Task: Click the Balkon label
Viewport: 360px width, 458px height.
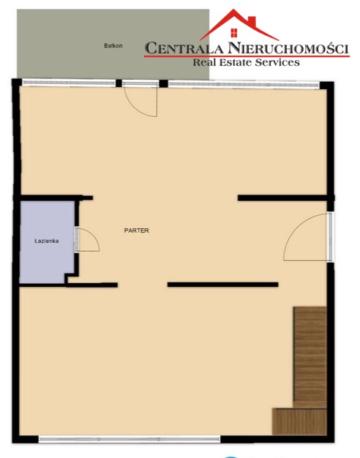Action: pos(113,46)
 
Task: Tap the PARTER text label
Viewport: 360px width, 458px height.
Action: pos(136,230)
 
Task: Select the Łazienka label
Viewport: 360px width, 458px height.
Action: pos(46,241)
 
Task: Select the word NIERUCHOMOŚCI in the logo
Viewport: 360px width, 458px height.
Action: pos(288,48)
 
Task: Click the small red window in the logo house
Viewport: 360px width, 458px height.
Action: pos(233,33)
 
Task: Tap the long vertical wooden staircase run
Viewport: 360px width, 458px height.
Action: pos(310,357)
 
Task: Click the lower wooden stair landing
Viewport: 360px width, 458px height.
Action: pos(299,421)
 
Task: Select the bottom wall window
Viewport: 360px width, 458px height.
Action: pos(130,439)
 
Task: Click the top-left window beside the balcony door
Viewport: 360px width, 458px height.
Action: pos(69,83)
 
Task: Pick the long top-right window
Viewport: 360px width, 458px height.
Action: pos(244,84)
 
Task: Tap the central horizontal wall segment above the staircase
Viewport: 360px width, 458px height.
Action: pos(222,285)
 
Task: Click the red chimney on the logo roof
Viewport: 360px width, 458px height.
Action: pos(252,21)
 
